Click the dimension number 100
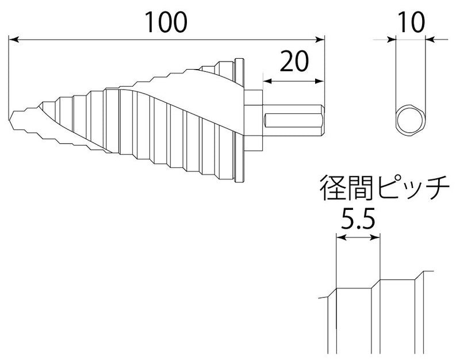[166, 22]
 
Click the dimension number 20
[294, 61]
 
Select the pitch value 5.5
[358, 219]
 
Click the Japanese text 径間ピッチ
[384, 188]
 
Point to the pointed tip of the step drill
[10, 120]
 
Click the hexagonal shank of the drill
[294, 120]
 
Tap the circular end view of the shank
[411, 120]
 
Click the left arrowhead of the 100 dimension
[14, 39]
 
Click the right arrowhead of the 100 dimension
[320, 39]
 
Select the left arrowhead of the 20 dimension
[268, 81]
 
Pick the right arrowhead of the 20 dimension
[320, 81]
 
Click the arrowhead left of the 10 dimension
[391, 39]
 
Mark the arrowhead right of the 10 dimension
[430, 39]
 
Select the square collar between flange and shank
[254, 120]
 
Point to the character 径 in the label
[332, 188]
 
